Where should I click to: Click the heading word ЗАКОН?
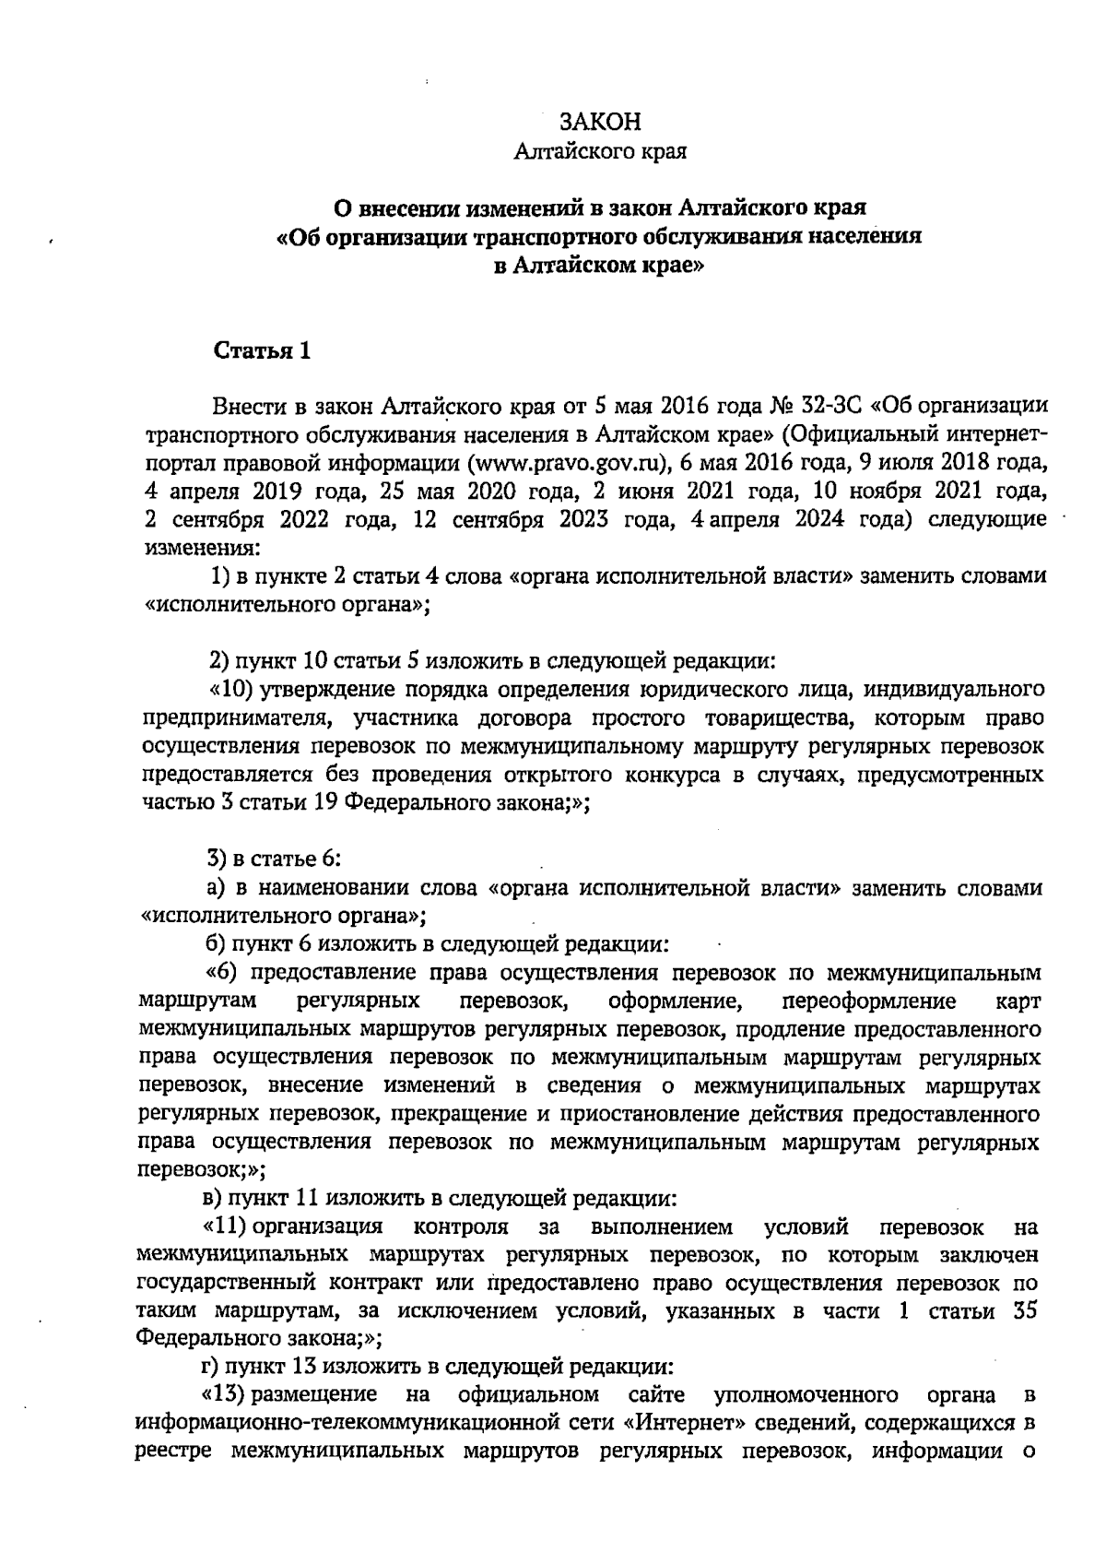point(599,123)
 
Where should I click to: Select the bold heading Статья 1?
point(263,351)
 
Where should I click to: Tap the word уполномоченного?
point(806,1394)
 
